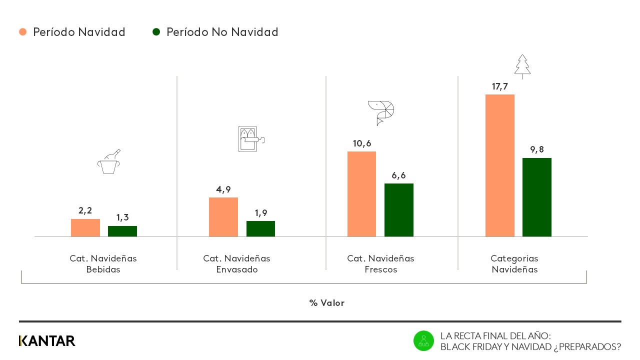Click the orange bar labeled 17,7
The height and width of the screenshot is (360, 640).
pyautogui.click(x=499, y=165)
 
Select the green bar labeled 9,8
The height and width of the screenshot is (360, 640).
pyautogui.click(x=536, y=197)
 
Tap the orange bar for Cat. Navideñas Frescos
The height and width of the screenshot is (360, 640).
pyautogui.click(x=361, y=194)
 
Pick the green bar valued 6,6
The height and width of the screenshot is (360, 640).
pyautogui.click(x=398, y=210)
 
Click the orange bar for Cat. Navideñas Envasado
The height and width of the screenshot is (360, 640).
pyautogui.click(x=223, y=217)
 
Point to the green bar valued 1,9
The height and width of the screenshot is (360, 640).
pyautogui.click(x=260, y=228)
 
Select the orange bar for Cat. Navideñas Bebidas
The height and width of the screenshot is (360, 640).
pyautogui.click(x=85, y=227)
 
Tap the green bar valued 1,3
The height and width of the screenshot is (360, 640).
pyautogui.click(x=122, y=231)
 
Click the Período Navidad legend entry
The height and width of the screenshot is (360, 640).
pyautogui.click(x=72, y=32)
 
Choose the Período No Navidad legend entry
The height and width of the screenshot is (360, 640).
pyautogui.click(x=215, y=32)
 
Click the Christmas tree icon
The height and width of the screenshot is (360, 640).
pyautogui.click(x=522, y=66)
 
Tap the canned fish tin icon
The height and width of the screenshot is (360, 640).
pyautogui.click(x=250, y=138)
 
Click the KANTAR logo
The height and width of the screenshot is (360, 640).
pyautogui.click(x=47, y=341)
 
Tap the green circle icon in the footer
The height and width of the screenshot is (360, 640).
pyautogui.click(x=423, y=340)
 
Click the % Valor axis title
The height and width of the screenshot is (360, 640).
pyautogui.click(x=326, y=303)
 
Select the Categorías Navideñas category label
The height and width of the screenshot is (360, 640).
pyautogui.click(x=514, y=264)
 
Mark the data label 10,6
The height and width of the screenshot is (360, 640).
pyautogui.click(x=361, y=143)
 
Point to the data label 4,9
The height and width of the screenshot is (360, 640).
pyautogui.click(x=223, y=189)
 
